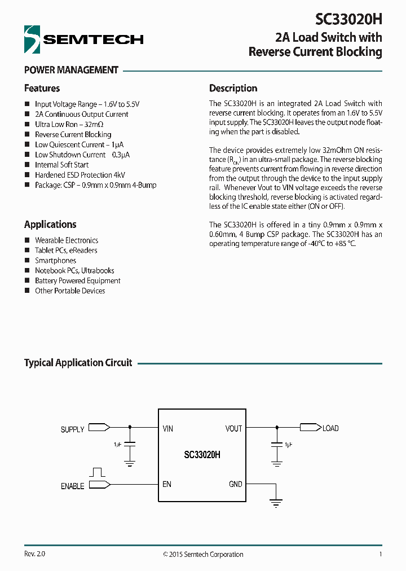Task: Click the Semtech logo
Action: [x=83, y=39]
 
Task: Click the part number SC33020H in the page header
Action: [x=348, y=19]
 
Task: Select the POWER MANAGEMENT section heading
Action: [x=71, y=70]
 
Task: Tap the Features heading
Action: [x=42, y=88]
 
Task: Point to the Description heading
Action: [x=233, y=88]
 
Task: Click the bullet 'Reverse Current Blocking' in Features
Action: [x=73, y=134]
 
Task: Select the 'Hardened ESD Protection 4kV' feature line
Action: [x=80, y=175]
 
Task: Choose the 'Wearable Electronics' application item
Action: [x=66, y=240]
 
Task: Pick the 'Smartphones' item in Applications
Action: [x=55, y=261]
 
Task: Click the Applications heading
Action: [x=50, y=224]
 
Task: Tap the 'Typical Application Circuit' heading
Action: [x=78, y=363]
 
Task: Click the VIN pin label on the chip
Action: [x=168, y=429]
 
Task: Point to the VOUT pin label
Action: [x=233, y=429]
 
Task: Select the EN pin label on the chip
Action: [x=167, y=484]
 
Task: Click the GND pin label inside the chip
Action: [x=236, y=484]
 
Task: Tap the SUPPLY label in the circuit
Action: [x=72, y=429]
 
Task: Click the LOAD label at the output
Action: [x=330, y=428]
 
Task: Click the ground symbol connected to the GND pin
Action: [x=276, y=503]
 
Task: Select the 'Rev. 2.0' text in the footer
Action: [x=34, y=554]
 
